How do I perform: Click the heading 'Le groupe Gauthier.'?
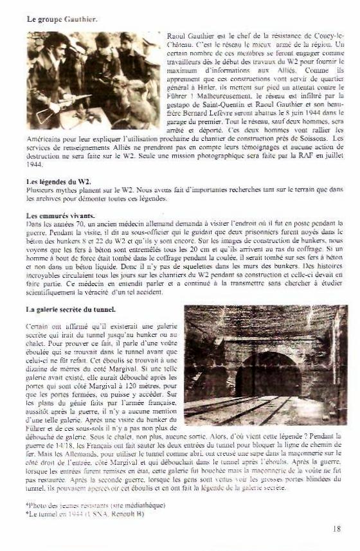[x=62, y=20]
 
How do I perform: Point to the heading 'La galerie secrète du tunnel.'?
[x=71, y=310]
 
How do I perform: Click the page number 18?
[x=337, y=528]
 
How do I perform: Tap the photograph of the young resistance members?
[x=93, y=80]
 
